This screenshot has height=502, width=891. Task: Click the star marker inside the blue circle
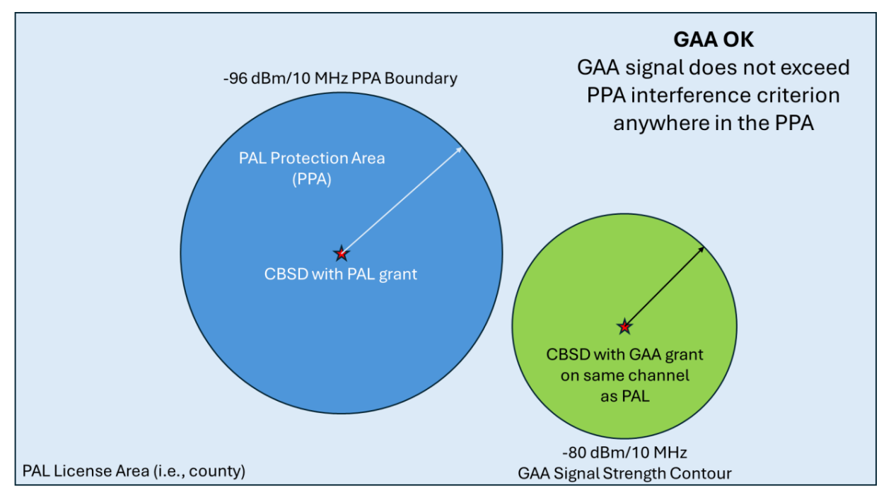(x=342, y=253)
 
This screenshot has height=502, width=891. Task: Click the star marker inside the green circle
(x=624, y=326)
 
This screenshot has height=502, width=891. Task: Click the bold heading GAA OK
(x=713, y=40)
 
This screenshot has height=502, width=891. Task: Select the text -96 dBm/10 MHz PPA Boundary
(x=339, y=78)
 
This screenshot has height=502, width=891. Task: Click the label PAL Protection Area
(x=312, y=158)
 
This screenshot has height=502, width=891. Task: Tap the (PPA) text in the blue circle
(x=312, y=180)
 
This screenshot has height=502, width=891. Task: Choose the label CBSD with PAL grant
(x=341, y=274)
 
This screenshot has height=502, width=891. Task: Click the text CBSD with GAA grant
(x=625, y=354)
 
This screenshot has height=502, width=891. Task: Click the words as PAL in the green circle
(x=625, y=397)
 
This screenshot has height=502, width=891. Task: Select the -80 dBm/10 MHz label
(x=624, y=452)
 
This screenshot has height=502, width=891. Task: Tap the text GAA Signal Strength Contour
(x=625, y=473)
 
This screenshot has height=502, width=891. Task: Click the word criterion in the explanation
(x=796, y=95)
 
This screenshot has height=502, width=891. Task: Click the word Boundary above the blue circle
(x=423, y=78)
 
